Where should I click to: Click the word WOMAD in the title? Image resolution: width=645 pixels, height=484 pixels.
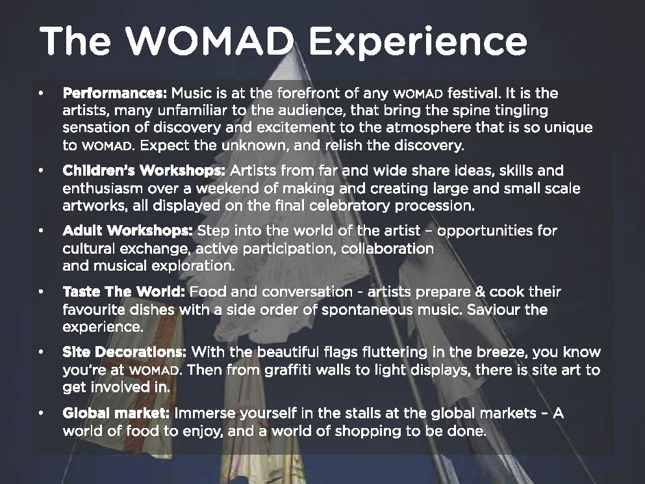tap(209, 40)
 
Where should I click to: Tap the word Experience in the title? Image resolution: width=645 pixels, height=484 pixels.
tap(418, 43)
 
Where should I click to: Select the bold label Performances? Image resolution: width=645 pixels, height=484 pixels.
tap(115, 93)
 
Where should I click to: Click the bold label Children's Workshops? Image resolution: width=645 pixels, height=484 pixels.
tap(144, 170)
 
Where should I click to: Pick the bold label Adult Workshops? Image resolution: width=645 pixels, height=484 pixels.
tap(127, 231)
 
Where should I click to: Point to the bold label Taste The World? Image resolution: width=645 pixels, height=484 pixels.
tap(124, 291)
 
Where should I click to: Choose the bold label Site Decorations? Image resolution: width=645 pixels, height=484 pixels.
tap(124, 352)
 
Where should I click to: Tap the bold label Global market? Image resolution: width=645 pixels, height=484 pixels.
tap(116, 413)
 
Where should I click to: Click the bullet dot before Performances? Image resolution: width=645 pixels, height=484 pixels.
tap(41, 94)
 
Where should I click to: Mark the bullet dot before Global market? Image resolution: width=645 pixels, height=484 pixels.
tap(41, 413)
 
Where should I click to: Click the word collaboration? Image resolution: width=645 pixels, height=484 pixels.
tap(388, 249)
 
